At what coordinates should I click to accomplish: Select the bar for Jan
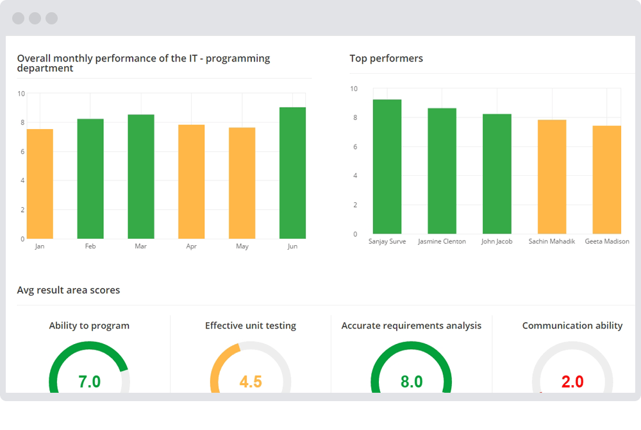click(x=40, y=184)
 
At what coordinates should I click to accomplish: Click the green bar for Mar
click(x=141, y=176)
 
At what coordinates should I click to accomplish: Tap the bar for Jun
click(x=292, y=173)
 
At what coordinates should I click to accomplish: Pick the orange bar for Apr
click(x=191, y=182)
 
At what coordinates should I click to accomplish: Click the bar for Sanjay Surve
click(x=387, y=167)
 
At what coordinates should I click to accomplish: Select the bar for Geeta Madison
click(x=607, y=180)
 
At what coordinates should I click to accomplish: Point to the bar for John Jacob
click(x=497, y=174)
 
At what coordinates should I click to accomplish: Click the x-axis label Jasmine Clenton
click(x=442, y=241)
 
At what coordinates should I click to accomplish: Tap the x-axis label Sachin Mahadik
click(x=552, y=241)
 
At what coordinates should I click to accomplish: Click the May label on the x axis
click(x=242, y=246)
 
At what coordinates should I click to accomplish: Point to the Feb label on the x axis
click(x=90, y=246)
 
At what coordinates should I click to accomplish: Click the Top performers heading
click(x=386, y=58)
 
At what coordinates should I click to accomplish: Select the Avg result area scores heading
click(x=69, y=290)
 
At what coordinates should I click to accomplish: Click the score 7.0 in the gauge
click(x=89, y=382)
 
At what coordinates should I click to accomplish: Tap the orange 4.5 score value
click(x=251, y=382)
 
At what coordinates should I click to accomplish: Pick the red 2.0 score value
click(x=572, y=382)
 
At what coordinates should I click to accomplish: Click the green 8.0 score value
click(x=412, y=382)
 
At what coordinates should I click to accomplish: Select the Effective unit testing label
click(x=251, y=325)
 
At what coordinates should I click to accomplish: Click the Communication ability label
click(x=572, y=325)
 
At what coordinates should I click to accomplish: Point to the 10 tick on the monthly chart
click(x=21, y=94)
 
